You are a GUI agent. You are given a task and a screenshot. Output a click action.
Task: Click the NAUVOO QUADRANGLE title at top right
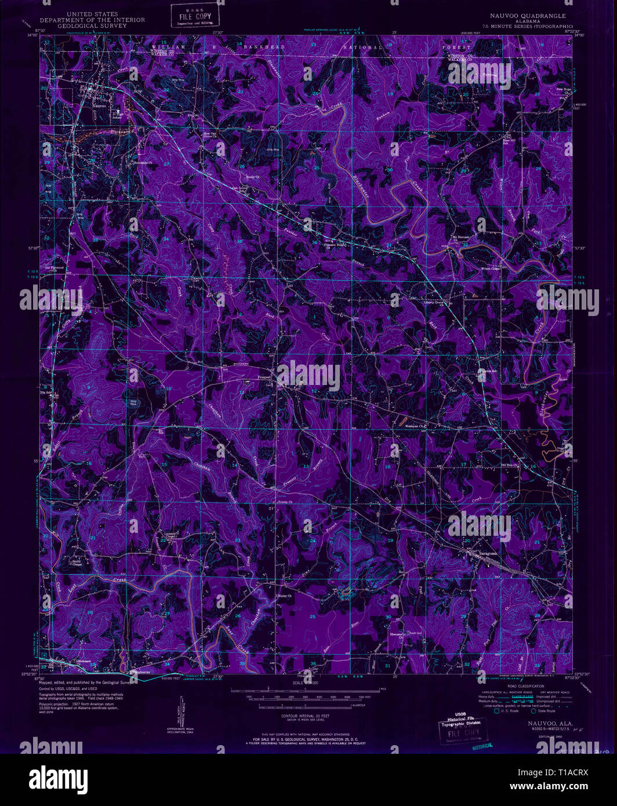[x=528, y=16]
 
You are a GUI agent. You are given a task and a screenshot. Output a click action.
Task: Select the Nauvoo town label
[x=100, y=106]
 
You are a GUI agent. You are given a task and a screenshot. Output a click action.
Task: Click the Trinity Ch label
[x=285, y=502]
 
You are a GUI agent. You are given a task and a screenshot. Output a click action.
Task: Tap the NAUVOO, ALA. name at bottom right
[x=542, y=723]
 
